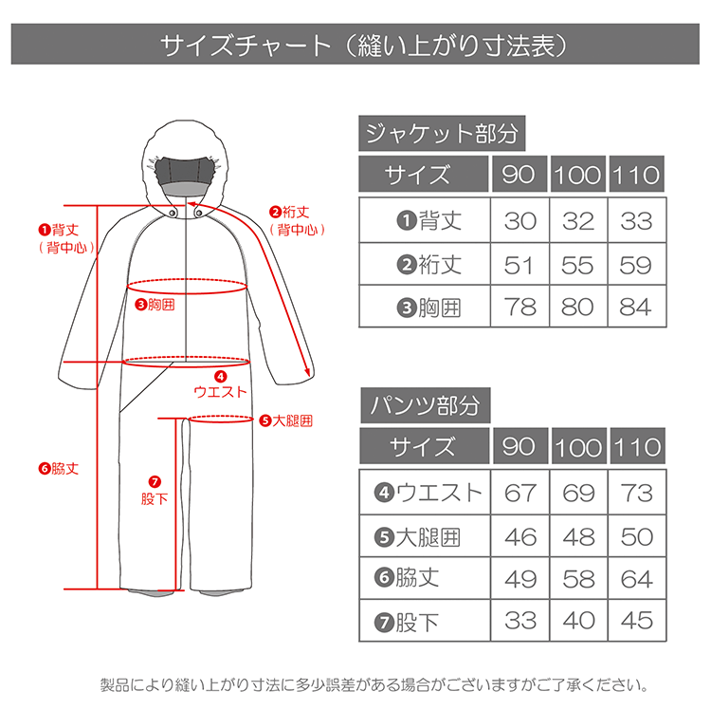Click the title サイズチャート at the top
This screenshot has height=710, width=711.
click(246, 46)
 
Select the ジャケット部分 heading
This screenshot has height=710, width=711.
click(442, 133)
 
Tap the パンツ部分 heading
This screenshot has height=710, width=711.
click(425, 405)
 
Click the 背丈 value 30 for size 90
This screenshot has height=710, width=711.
click(520, 221)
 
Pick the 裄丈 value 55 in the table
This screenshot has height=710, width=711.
click(577, 265)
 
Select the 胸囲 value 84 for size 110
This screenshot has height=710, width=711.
click(636, 308)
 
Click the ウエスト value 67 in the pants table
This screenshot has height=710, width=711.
click(520, 493)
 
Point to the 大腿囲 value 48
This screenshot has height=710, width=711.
click(578, 537)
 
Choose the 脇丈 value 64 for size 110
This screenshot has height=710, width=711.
click(637, 579)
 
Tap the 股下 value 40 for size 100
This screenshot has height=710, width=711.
click(578, 621)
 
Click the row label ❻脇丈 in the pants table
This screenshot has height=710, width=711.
click(407, 578)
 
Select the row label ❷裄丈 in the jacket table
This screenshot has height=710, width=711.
click(428, 265)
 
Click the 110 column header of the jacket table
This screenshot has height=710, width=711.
click(636, 175)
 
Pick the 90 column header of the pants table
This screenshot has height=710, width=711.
click(519, 447)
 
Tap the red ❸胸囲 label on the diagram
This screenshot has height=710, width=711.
click(155, 304)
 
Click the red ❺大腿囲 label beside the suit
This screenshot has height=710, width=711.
click(285, 420)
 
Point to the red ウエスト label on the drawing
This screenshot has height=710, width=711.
click(220, 391)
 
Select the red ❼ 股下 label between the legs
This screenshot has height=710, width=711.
click(155, 491)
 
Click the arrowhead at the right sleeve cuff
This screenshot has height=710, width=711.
click(308, 370)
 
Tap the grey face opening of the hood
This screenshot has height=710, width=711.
click(184, 175)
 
